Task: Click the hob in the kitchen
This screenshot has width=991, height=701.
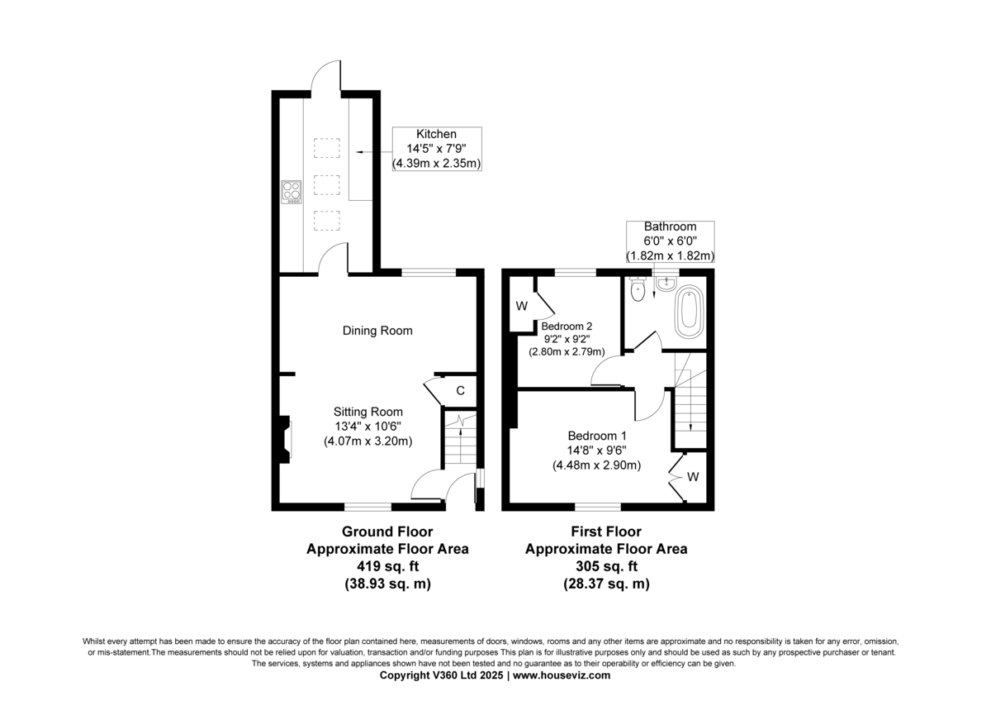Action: click(292, 192)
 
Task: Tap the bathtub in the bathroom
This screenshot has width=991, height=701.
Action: click(689, 312)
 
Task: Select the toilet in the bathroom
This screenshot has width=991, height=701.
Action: click(638, 289)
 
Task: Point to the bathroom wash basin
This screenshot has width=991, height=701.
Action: click(666, 284)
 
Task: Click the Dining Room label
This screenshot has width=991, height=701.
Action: click(377, 331)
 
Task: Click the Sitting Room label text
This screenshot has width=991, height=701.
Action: click(368, 412)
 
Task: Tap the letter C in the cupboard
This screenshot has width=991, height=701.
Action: click(461, 390)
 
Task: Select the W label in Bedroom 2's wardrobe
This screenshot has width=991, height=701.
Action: click(522, 306)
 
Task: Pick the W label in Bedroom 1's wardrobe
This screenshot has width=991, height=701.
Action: click(693, 477)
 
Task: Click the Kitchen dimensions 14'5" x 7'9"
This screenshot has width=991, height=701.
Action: click(437, 149)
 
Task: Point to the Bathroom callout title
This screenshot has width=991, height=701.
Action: click(670, 227)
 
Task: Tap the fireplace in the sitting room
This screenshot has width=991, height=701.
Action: click(284, 440)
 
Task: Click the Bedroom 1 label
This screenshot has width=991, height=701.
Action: click(597, 436)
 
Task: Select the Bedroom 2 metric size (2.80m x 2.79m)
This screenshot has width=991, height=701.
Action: click(567, 352)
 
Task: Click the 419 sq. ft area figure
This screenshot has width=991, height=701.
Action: click(387, 566)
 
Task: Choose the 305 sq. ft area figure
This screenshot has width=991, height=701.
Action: click(606, 566)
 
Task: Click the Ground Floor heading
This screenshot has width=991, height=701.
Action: click(387, 532)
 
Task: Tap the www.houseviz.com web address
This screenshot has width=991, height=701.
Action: click(562, 675)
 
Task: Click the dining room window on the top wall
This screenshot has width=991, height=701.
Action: click(429, 272)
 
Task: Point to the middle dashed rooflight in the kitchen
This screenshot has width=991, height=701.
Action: click(327, 185)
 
